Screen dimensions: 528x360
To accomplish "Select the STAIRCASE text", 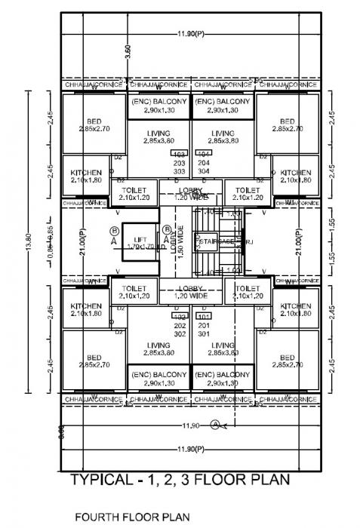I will tap(214, 241).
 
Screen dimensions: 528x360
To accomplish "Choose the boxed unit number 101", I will tap(203, 316).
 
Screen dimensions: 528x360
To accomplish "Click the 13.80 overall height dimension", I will tap(29, 241).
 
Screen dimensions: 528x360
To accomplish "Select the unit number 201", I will tap(203, 324).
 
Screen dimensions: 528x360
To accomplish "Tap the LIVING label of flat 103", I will tap(158, 137).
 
